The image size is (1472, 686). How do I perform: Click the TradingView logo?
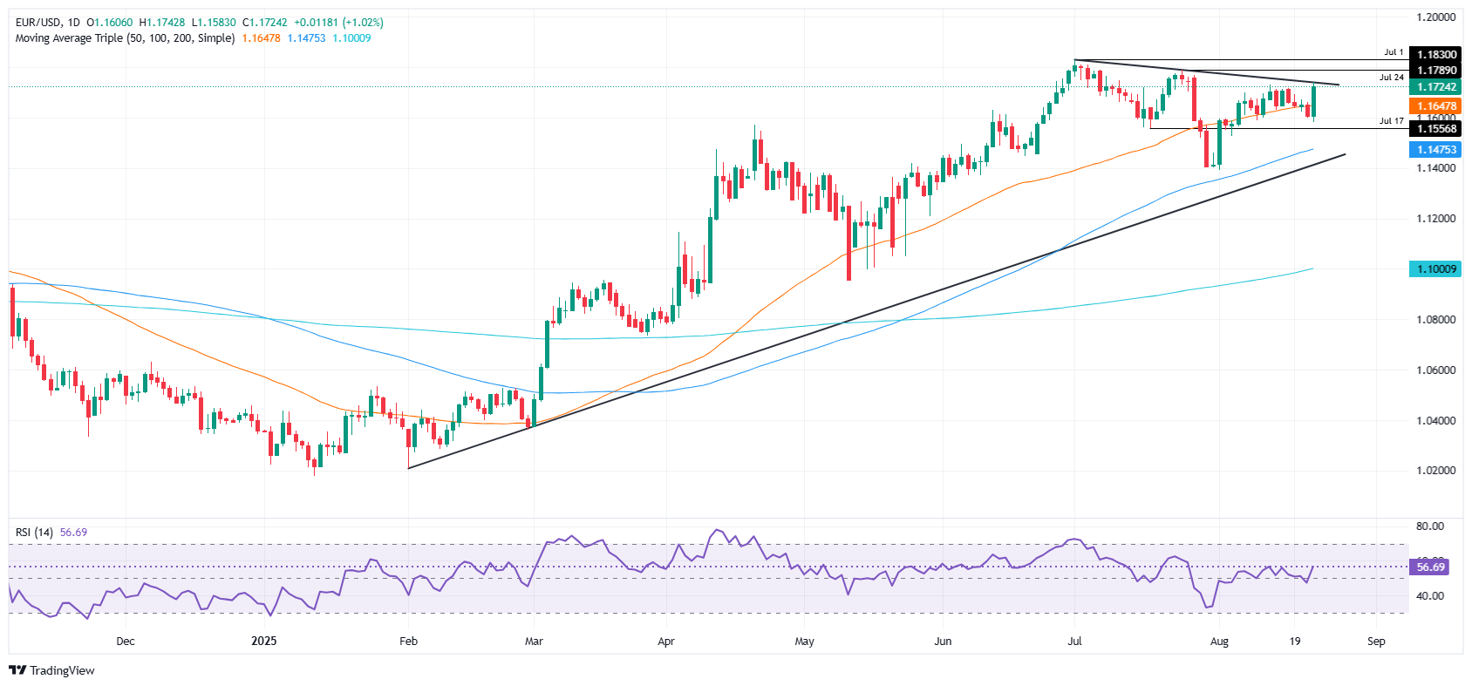(51, 670)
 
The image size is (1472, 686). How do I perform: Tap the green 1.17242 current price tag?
(1435, 87)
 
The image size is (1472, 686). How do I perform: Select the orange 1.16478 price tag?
(1435, 106)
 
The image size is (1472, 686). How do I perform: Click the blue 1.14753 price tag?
(1435, 150)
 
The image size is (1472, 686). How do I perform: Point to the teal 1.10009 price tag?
(1435, 269)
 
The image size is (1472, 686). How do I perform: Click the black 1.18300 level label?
(1435, 55)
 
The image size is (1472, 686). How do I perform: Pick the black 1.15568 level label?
(1435, 129)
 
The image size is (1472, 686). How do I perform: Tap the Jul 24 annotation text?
(1392, 78)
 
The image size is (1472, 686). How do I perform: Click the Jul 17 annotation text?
(1392, 121)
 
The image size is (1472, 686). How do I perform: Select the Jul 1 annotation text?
(1394, 52)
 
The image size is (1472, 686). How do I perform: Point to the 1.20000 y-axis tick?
(1435, 17)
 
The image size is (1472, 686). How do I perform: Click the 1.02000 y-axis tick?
(1435, 471)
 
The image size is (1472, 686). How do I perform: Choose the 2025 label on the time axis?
(263, 642)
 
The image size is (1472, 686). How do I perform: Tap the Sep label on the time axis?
(1376, 642)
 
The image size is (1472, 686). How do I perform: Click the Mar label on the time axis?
(534, 642)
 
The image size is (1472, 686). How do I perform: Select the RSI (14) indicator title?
(34, 533)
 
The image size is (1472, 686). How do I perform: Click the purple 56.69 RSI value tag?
(1430, 567)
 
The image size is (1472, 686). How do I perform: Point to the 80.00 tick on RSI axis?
(1430, 526)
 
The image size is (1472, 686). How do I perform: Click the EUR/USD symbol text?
(38, 23)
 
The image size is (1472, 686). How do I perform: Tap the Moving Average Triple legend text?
(125, 38)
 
